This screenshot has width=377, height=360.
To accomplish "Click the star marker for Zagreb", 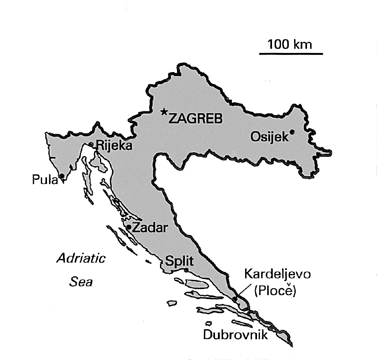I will (x=164, y=112).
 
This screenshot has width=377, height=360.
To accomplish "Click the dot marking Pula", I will (x=63, y=177).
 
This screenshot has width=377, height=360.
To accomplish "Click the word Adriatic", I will (x=66, y=258).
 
